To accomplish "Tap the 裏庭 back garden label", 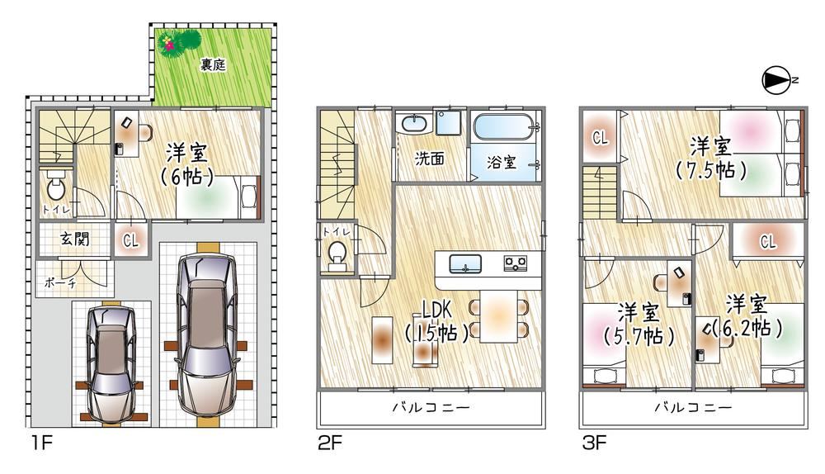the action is click(213, 64).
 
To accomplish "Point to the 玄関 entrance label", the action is click(75, 239).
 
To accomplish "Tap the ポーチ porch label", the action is click(60, 282).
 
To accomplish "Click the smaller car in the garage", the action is click(111, 364).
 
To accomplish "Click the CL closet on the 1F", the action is click(130, 240).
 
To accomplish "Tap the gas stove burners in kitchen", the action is click(515, 263).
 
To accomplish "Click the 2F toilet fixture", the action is click(337, 254).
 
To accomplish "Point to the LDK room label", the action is click(436, 310).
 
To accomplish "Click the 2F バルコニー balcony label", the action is click(431, 407).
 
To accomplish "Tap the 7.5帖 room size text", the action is click(710, 170).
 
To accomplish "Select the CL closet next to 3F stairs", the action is click(601, 138).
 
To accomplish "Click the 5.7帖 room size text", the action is click(639, 335).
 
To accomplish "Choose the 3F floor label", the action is click(595, 443).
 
